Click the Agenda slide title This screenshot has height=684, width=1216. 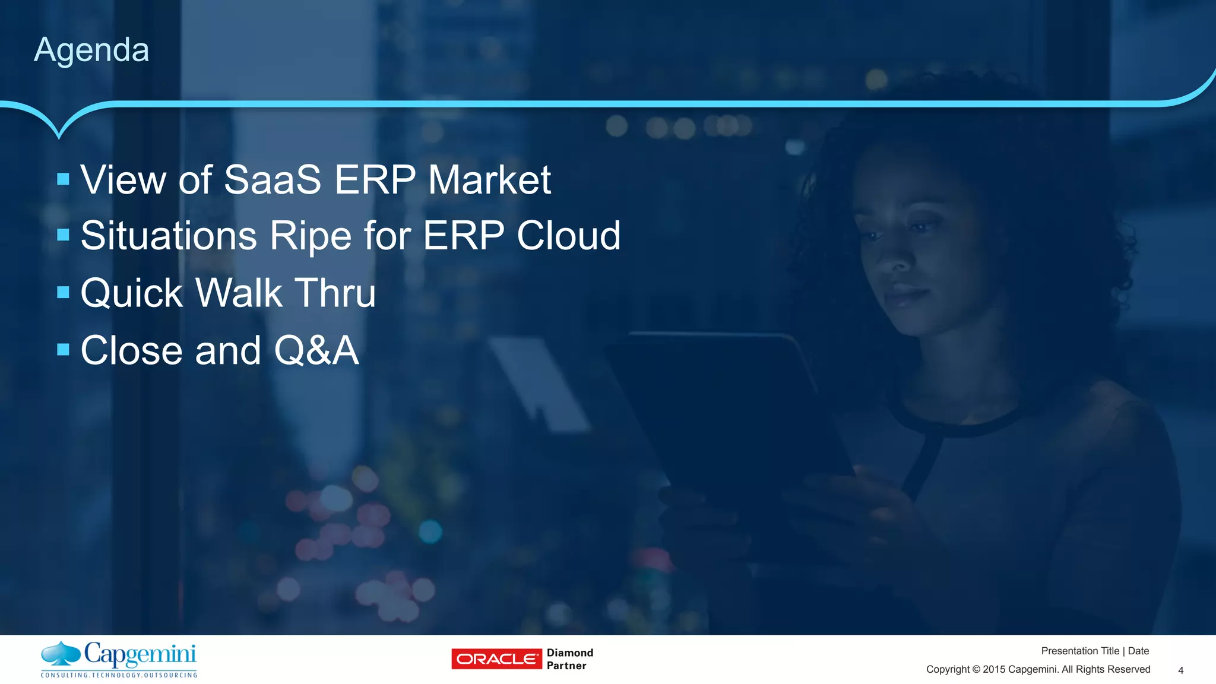(91, 50)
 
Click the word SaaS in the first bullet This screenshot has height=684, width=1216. (272, 179)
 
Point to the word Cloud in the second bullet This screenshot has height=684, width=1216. (568, 236)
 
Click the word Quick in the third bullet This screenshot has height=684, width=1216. (131, 293)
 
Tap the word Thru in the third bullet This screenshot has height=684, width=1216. (335, 293)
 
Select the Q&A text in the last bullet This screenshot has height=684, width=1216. (316, 350)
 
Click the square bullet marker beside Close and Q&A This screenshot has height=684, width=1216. (64, 349)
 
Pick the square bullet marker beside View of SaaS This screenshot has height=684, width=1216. (64, 179)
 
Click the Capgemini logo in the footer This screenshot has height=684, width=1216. (119, 655)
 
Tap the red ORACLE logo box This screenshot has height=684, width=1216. (496, 659)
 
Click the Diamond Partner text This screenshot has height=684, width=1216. (569, 659)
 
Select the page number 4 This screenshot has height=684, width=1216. (1180, 670)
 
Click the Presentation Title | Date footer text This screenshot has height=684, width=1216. (1094, 651)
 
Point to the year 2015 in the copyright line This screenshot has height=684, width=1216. (994, 670)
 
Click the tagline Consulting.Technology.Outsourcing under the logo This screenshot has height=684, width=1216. (119, 675)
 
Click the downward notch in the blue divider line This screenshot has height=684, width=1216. (59, 132)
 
